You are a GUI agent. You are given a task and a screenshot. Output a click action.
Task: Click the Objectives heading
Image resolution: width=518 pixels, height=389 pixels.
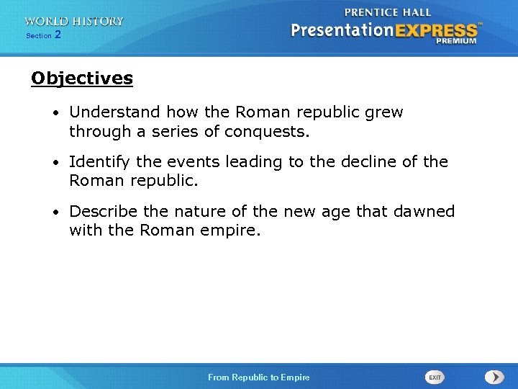(82, 78)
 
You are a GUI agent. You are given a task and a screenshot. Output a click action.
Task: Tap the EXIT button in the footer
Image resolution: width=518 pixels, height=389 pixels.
(435, 377)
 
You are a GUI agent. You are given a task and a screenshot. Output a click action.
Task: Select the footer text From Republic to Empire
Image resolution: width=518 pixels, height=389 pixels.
(258, 377)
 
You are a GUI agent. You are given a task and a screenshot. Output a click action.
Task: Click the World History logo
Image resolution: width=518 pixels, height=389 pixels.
(73, 22)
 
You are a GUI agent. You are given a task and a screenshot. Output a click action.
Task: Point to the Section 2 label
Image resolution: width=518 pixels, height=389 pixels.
(43, 35)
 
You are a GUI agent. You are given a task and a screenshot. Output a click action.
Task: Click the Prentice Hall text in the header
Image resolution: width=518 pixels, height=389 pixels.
(387, 12)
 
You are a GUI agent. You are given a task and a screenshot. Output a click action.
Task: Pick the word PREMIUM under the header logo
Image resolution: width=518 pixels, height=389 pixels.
(455, 42)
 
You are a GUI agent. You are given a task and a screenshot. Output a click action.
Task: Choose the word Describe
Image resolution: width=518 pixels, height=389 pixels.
(101, 211)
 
